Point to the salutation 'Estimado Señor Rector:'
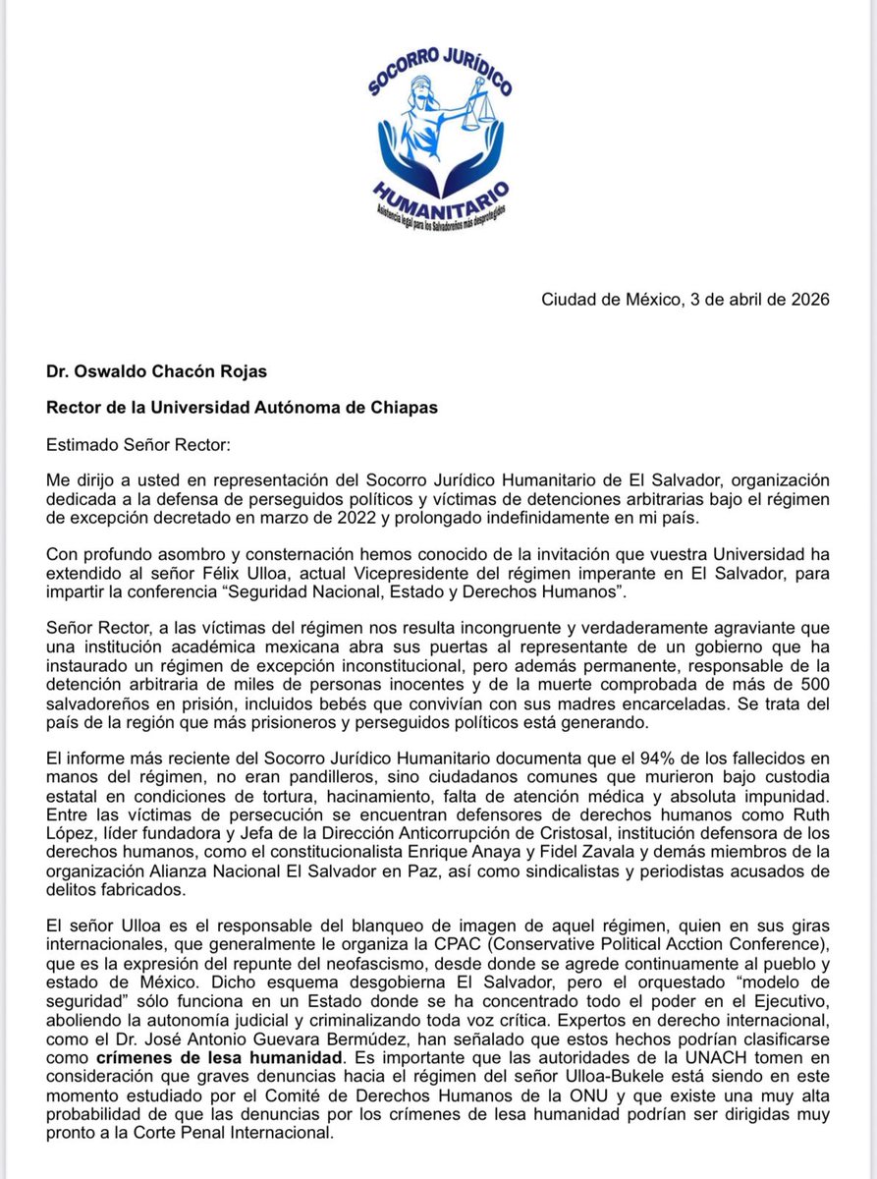(137, 444)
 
